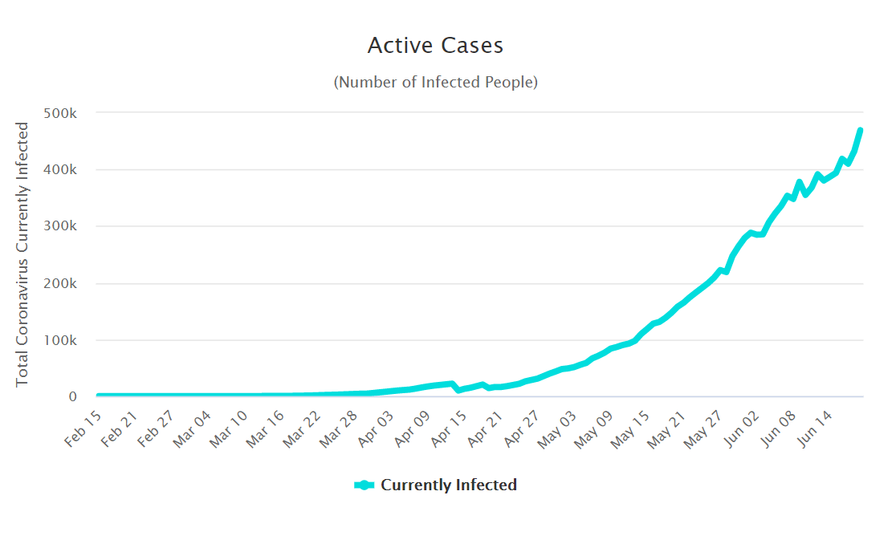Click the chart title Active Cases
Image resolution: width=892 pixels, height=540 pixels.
pos(435,46)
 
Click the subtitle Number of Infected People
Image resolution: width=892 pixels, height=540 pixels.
pos(435,82)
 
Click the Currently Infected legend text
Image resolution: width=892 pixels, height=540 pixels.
pos(448,485)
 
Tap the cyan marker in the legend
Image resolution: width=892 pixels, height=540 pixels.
pos(365,485)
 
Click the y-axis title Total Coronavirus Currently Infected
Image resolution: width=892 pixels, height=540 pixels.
pos(22,254)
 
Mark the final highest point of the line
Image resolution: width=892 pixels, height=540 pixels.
pos(860,130)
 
